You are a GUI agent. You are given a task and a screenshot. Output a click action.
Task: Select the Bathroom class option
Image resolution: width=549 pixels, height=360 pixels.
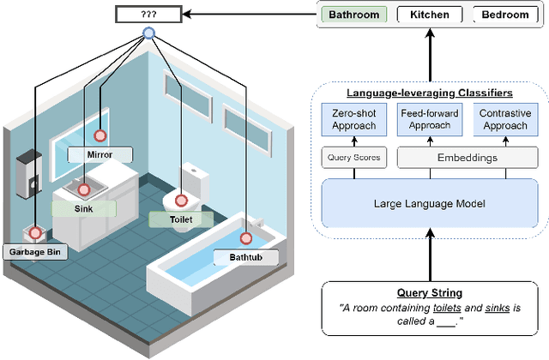(354, 15)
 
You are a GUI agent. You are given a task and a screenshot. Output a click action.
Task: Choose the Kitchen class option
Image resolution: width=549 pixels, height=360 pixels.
(429, 15)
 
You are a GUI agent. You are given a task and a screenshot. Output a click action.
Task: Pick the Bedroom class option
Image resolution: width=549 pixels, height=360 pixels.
(505, 15)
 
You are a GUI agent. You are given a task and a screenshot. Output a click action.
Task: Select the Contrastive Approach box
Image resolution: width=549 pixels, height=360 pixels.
(504, 120)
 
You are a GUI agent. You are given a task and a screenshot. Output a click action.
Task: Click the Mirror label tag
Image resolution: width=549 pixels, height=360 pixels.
(100, 155)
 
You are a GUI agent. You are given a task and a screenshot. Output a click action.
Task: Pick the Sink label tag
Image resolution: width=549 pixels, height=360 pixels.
(82, 207)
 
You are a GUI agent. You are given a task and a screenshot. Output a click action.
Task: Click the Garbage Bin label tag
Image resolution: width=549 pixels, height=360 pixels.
(33, 252)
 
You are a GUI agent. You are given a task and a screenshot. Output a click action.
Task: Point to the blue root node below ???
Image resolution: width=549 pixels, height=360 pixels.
(148, 33)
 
